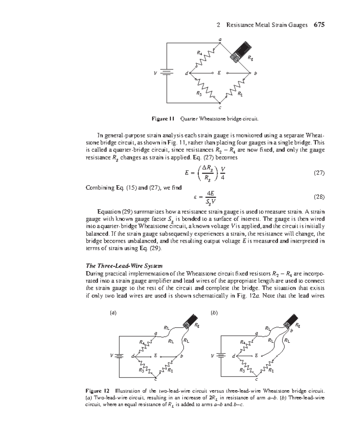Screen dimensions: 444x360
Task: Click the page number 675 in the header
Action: point(319,25)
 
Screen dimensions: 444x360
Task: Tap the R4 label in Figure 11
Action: point(199,53)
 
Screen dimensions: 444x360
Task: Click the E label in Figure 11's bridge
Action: point(219,73)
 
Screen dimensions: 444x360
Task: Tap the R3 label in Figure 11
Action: point(199,93)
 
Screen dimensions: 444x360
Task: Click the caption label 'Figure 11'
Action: point(163,119)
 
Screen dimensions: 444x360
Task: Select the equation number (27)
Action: point(319,173)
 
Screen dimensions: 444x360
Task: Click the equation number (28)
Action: point(319,197)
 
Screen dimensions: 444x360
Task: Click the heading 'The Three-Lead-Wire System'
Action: point(124,266)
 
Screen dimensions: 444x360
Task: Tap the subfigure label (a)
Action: point(113,313)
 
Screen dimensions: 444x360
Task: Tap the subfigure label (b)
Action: point(214,313)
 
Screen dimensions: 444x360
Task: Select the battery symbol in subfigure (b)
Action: point(221,356)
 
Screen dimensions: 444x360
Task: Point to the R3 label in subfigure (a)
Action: point(141,370)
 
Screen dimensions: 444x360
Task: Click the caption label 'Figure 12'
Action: point(97,391)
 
